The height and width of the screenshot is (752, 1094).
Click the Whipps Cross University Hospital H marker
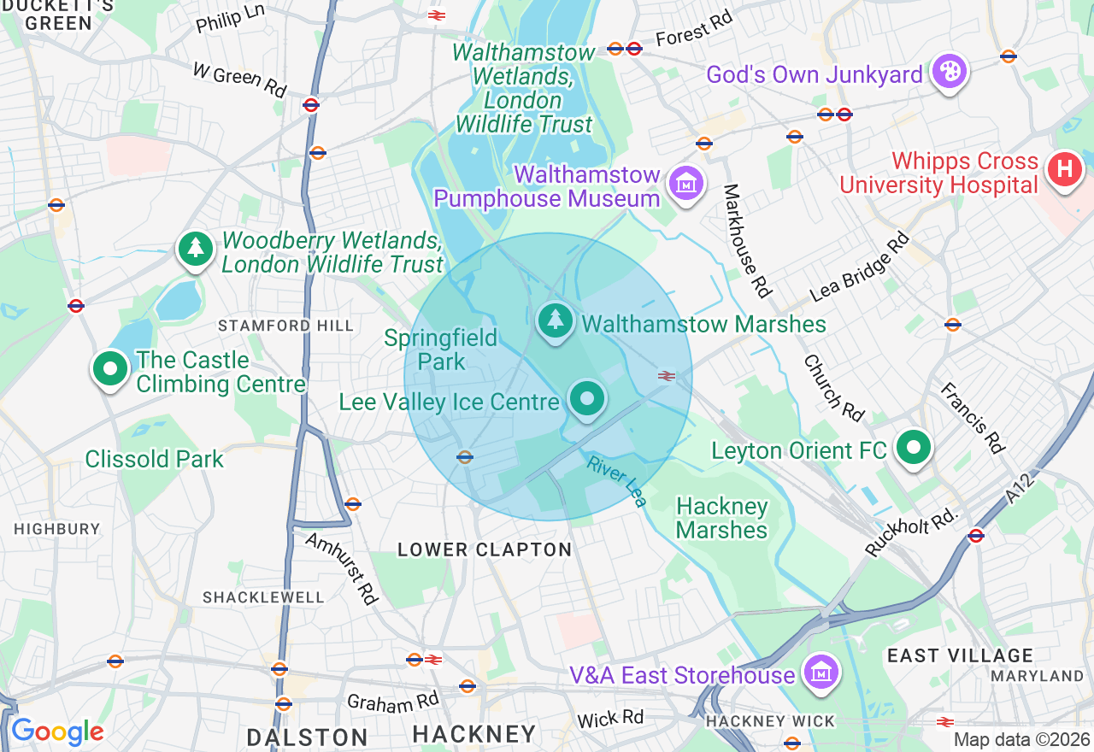tap(1065, 168)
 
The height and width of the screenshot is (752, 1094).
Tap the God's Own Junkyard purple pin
tap(948, 72)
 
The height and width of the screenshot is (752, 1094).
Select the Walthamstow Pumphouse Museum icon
tap(686, 182)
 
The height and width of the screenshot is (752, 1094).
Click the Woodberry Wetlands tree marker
tap(196, 249)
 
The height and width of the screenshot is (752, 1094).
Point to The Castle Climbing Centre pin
tap(109, 368)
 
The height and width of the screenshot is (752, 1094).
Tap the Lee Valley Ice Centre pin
tap(586, 398)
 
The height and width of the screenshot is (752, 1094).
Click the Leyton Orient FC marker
tap(914, 447)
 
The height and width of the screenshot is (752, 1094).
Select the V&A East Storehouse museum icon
tap(821, 672)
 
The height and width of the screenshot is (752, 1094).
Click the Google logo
tap(57, 731)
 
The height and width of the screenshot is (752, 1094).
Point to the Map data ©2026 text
tap(1021, 739)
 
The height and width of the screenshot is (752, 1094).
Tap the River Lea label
tap(616, 480)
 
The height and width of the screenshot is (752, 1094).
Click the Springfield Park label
tap(440, 350)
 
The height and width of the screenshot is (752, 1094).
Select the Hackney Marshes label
tap(721, 518)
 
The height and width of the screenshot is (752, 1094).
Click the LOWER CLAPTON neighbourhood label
tap(485, 549)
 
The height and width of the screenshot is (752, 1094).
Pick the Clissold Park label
tap(154, 459)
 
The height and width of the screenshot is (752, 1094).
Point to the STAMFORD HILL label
tap(285, 326)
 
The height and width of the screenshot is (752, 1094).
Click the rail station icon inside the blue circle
tap(667, 375)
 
